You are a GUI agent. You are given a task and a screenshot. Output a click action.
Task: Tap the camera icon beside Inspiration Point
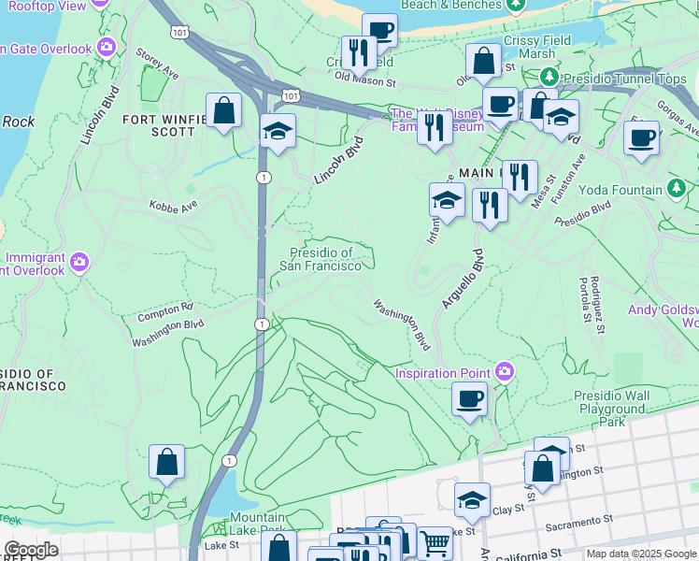click(x=505, y=373)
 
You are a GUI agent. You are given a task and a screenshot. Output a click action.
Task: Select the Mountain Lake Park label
click(x=259, y=525)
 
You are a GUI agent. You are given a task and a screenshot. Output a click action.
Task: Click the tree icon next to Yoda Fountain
click(x=676, y=189)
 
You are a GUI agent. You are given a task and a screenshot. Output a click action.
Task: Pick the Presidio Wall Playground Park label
click(x=611, y=409)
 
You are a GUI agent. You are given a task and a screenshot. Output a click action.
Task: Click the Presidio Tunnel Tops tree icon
click(x=551, y=77)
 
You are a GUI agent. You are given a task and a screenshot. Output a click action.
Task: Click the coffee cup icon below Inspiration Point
click(x=470, y=399)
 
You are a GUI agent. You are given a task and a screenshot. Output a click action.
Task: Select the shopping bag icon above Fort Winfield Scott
click(x=224, y=111)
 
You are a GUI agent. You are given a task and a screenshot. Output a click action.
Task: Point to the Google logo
click(x=31, y=550)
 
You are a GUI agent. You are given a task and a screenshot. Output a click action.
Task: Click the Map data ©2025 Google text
click(x=641, y=554)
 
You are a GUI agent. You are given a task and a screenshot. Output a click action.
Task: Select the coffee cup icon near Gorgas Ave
click(x=641, y=139)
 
